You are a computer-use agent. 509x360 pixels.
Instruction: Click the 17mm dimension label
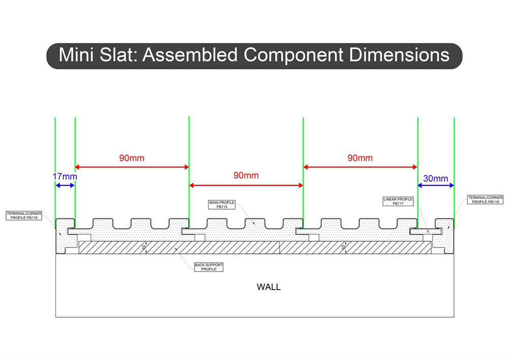(65, 177)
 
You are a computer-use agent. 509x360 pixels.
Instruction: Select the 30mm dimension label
(436, 178)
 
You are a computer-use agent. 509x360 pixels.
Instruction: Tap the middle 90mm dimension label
(246, 176)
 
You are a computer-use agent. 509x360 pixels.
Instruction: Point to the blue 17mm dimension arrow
(65, 186)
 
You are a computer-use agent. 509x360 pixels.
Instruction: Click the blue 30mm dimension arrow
(436, 186)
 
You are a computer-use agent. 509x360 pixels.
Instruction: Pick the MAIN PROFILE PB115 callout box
(221, 205)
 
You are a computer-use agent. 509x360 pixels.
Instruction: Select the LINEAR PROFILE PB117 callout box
(399, 201)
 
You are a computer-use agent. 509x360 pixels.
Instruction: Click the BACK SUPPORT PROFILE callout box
(209, 267)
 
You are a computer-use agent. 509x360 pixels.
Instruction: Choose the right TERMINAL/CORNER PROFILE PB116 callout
(485, 200)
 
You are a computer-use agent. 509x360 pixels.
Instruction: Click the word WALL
(268, 287)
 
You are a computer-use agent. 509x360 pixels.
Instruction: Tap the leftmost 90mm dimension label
(132, 158)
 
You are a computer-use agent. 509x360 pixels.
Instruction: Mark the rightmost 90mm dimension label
(360, 158)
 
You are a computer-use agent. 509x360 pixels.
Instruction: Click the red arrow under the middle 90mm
(246, 185)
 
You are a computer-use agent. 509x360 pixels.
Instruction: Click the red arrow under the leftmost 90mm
(132, 167)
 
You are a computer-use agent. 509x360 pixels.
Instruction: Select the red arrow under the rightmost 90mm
(360, 167)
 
